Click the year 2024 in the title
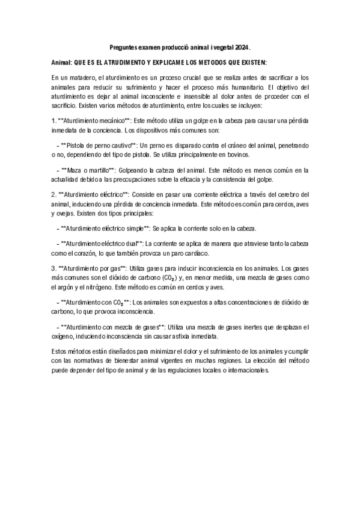(242, 47)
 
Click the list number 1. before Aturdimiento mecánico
(54, 120)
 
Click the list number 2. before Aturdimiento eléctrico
(54, 194)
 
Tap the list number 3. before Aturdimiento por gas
(54, 268)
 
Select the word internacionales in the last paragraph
(243, 370)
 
